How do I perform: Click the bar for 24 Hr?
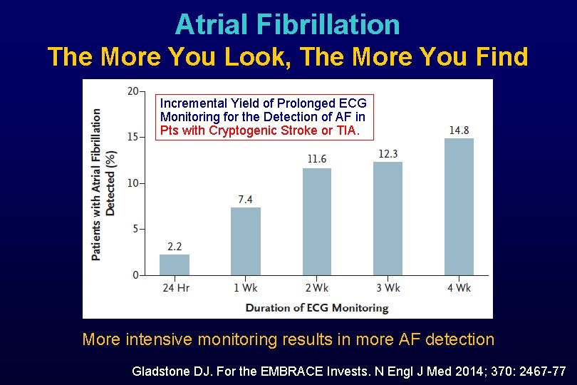[175, 265]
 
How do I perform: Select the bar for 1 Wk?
[246, 241]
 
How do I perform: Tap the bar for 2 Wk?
[317, 222]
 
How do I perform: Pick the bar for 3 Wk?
[388, 218]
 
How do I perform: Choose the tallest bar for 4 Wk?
[459, 207]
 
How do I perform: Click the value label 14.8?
[459, 130]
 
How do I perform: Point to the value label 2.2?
[175, 247]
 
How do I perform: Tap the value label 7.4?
[246, 199]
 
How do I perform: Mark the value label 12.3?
[388, 153]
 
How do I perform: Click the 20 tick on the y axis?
[133, 91]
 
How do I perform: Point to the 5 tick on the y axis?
[135, 230]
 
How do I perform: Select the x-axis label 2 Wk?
[317, 288]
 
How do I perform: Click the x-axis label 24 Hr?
[175, 288]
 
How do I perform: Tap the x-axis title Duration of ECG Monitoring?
[317, 308]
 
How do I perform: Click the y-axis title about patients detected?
[104, 184]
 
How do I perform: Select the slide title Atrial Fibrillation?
[288, 24]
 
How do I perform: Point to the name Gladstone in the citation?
[160, 371]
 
